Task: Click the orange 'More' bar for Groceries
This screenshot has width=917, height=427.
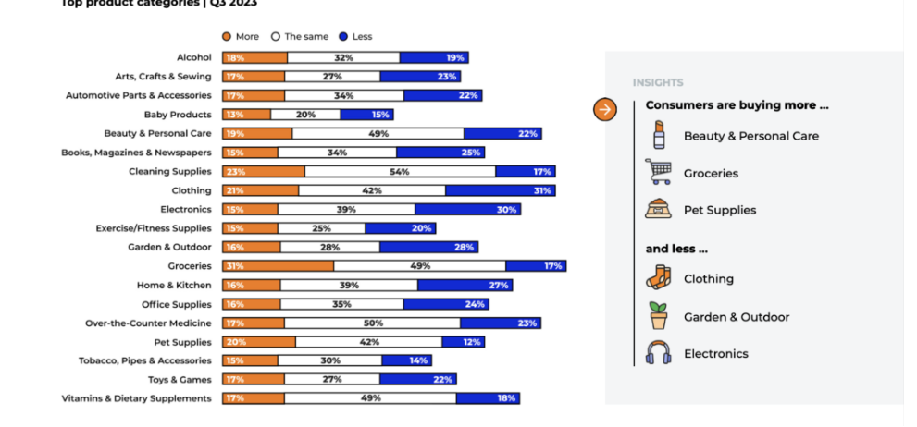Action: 278,266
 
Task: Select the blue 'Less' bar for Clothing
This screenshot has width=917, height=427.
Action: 500,190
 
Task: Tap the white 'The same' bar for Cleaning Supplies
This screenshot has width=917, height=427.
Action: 400,172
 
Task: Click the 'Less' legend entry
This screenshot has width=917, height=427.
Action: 356,37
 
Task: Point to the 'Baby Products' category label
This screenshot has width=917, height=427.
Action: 178,115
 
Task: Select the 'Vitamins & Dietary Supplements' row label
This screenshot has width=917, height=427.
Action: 136,398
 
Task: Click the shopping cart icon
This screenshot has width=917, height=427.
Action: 658,172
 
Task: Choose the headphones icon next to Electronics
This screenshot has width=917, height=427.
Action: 658,353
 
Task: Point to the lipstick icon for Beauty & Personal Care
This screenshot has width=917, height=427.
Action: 658,135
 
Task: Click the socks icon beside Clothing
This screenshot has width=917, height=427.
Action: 658,278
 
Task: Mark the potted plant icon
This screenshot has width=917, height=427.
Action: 658,316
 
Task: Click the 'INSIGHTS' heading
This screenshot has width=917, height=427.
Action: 658,83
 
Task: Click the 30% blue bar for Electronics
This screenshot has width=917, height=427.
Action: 467,210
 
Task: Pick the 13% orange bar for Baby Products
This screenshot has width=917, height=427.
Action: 246,115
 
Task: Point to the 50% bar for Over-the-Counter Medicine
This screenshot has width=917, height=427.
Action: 372,323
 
